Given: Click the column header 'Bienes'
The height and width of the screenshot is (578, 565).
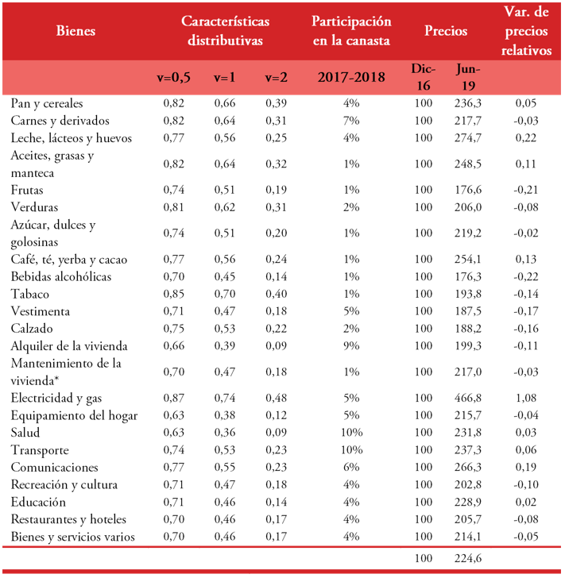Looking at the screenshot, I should (76, 31).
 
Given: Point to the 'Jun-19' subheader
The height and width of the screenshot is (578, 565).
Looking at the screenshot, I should (467, 77).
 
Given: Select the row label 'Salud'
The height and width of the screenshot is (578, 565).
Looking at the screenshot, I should (27, 432).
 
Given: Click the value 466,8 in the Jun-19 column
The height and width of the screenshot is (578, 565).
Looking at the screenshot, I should (467, 398).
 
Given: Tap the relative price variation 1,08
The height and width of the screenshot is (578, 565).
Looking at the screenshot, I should (528, 398).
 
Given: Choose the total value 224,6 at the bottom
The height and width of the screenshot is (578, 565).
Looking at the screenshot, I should (467, 558).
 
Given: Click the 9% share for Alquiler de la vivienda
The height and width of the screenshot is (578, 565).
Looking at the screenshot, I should (351, 346).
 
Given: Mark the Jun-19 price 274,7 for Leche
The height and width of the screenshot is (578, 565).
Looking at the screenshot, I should (467, 138).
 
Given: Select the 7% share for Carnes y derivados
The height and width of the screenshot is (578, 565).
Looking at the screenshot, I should (351, 121).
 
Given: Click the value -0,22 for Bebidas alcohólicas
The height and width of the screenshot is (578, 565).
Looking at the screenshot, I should (528, 277).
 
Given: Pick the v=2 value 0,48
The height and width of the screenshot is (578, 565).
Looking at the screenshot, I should (275, 398).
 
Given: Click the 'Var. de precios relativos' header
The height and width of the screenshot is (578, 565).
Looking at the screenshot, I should (528, 31).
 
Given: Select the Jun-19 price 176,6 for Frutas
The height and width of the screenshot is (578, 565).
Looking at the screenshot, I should (467, 191).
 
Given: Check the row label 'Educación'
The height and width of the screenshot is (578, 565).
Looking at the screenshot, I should (39, 502).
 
